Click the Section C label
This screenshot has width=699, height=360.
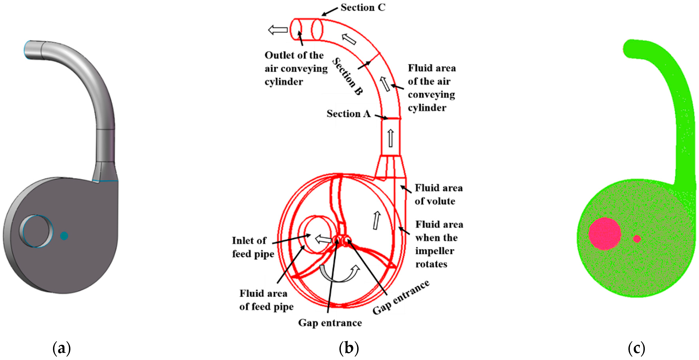point(363,7)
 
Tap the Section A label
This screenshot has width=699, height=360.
point(349,113)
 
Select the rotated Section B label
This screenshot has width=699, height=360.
point(347,76)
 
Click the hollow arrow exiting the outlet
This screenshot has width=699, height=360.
point(278,30)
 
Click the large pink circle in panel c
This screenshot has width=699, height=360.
point(605,234)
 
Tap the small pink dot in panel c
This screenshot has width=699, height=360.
point(637,239)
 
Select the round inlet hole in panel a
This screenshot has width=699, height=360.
point(36,231)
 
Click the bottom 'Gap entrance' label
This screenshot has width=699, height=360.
point(330,323)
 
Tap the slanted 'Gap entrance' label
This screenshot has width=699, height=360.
point(401,297)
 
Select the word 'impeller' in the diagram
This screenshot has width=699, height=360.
point(435,251)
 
